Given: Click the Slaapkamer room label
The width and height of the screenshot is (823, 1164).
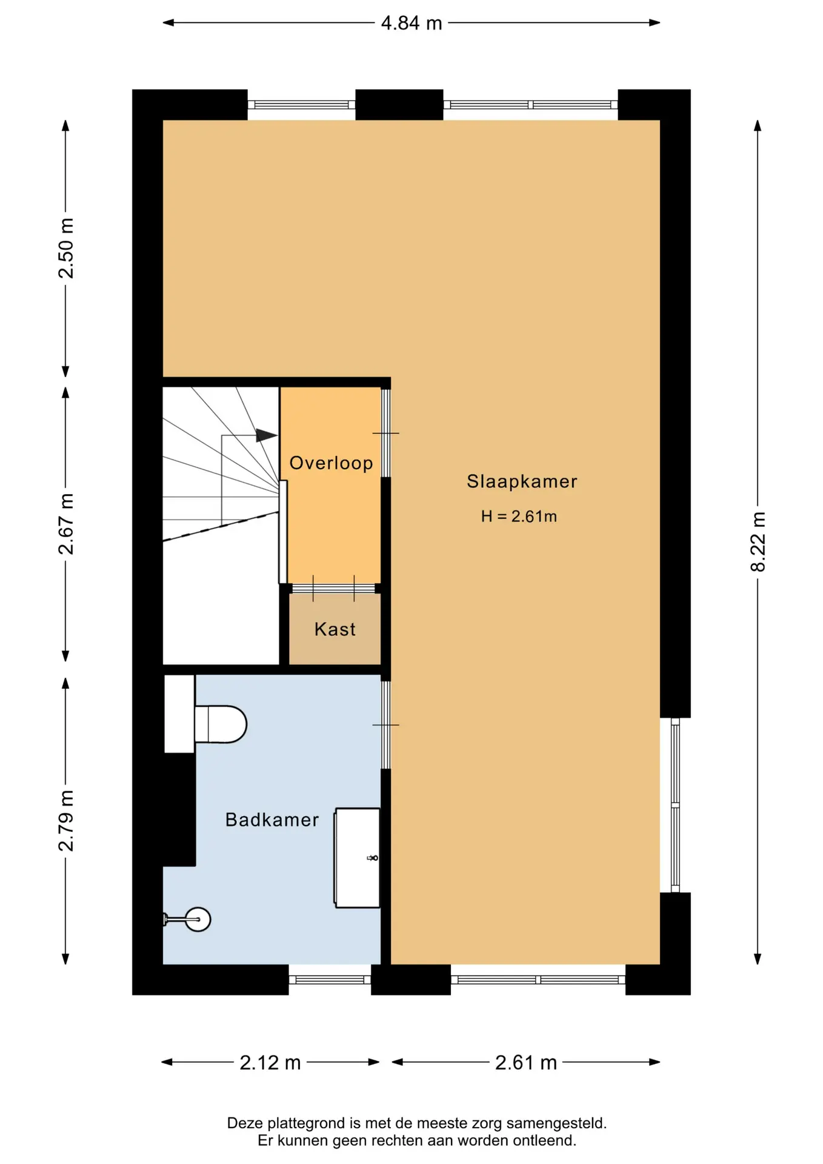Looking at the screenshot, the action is [x=522, y=481].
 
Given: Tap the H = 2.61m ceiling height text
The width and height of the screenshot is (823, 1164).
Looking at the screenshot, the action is [x=519, y=516].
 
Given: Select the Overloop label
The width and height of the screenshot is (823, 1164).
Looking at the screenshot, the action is [x=331, y=463].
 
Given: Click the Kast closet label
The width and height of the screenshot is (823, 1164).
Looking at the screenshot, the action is [x=335, y=629].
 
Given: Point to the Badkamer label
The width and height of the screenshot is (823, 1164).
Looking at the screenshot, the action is [x=272, y=820].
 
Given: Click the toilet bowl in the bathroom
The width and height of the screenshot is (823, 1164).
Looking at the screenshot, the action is [x=221, y=724].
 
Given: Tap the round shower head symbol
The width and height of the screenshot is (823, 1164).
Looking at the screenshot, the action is [x=198, y=919].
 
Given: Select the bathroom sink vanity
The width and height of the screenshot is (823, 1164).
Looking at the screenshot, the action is [x=358, y=858].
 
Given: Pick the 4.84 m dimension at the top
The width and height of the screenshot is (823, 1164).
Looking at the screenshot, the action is [x=411, y=23].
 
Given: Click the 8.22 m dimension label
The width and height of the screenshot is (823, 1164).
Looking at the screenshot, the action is [x=758, y=541].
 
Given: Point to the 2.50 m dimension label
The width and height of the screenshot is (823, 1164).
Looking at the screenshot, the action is [x=65, y=248].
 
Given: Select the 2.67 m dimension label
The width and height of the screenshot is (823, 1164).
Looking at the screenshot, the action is [x=65, y=524].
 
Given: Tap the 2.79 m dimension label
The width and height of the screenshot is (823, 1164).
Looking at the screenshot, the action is [x=65, y=820].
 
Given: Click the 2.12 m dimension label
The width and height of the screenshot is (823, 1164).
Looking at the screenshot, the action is [x=270, y=1062].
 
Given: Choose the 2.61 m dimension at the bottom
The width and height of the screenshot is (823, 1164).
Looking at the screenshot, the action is [x=526, y=1062].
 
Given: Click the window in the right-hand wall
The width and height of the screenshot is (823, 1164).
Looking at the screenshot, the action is [x=675, y=805].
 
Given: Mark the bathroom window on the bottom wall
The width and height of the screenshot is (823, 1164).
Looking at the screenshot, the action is [x=330, y=980].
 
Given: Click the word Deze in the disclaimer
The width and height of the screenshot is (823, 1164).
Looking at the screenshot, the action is [x=244, y=1123].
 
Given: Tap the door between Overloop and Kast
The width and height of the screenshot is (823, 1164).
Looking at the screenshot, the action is [x=333, y=588].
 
